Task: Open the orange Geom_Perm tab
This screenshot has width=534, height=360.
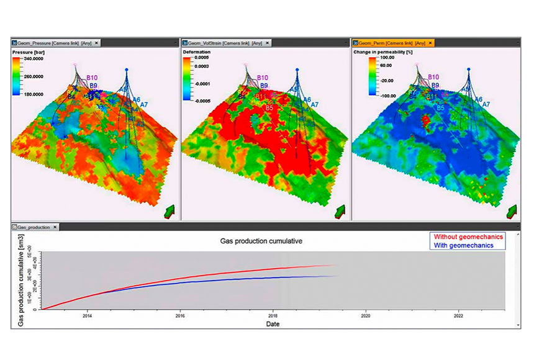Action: pos(388,43)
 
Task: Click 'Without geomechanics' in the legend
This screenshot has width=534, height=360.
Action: pos(468,236)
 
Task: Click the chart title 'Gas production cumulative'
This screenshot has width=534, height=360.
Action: pos(261,240)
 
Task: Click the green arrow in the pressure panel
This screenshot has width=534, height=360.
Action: pos(170,212)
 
